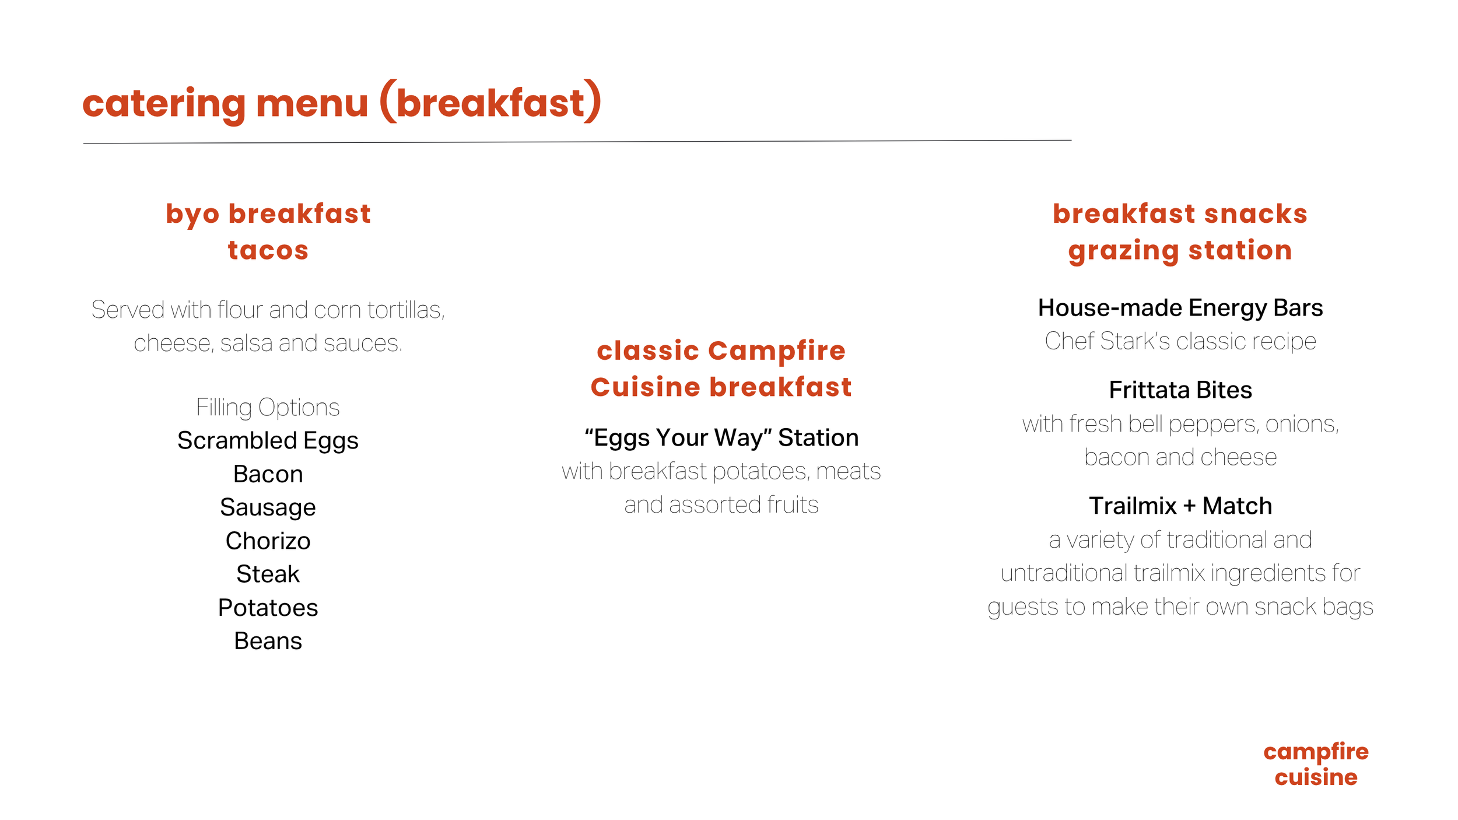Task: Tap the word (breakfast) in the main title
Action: click(x=490, y=103)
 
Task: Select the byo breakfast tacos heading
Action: click(x=268, y=232)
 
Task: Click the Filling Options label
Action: click(x=268, y=407)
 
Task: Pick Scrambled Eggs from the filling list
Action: click(x=268, y=441)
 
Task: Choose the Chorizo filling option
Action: click(x=268, y=541)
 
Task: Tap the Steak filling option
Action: click(x=268, y=574)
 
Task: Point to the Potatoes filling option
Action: click(x=268, y=608)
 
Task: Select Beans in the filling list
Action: click(x=268, y=641)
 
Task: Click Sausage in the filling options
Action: click(x=268, y=507)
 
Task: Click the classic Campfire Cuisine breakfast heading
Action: click(x=721, y=369)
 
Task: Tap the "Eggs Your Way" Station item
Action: click(x=721, y=438)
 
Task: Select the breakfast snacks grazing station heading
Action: click(x=1180, y=232)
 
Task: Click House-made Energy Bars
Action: click(x=1180, y=308)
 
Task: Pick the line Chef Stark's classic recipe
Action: click(x=1180, y=341)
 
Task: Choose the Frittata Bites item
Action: click(x=1180, y=390)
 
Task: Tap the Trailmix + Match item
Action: click(x=1180, y=506)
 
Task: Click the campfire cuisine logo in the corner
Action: click(x=1316, y=764)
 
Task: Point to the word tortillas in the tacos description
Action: click(x=405, y=310)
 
